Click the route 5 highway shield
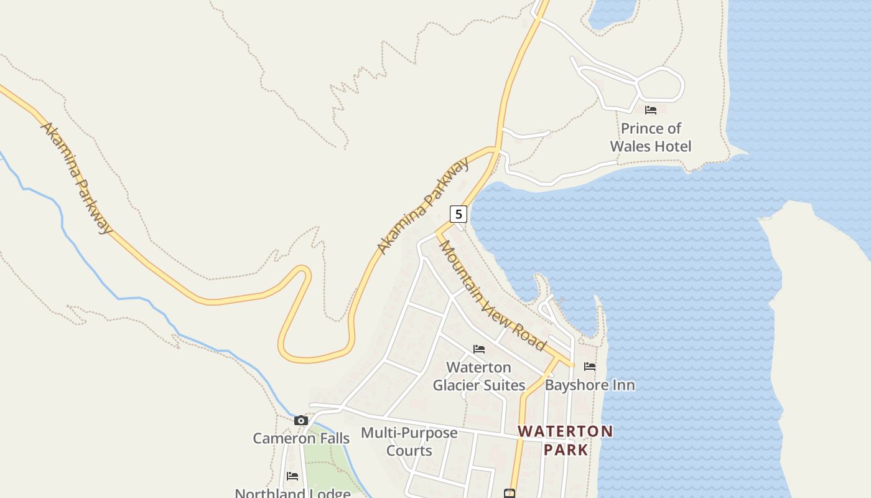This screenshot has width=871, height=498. pyautogui.click(x=459, y=214)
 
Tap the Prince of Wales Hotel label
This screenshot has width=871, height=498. pyautogui.click(x=650, y=137)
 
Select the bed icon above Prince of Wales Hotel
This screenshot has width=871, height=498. pyautogui.click(x=651, y=110)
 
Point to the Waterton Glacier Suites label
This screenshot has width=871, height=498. pyautogui.click(x=479, y=376)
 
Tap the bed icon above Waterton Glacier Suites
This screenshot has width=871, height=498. pyautogui.click(x=479, y=349)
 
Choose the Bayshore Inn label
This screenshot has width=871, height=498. pyautogui.click(x=590, y=385)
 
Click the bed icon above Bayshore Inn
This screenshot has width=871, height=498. pyautogui.click(x=590, y=367)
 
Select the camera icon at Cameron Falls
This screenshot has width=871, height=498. pyautogui.click(x=301, y=420)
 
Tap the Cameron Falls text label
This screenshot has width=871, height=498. pyautogui.click(x=301, y=438)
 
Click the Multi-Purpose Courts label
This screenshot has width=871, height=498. pyautogui.click(x=409, y=441)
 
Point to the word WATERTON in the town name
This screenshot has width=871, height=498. pyautogui.click(x=566, y=431)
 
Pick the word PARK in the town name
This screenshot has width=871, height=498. pyautogui.click(x=566, y=449)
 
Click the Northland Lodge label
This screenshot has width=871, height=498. pyautogui.click(x=292, y=493)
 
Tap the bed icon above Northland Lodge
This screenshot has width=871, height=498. pyautogui.click(x=292, y=476)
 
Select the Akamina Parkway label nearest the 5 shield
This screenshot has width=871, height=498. pyautogui.click(x=423, y=206)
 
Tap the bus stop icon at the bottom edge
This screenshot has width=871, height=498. pyautogui.click(x=510, y=494)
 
